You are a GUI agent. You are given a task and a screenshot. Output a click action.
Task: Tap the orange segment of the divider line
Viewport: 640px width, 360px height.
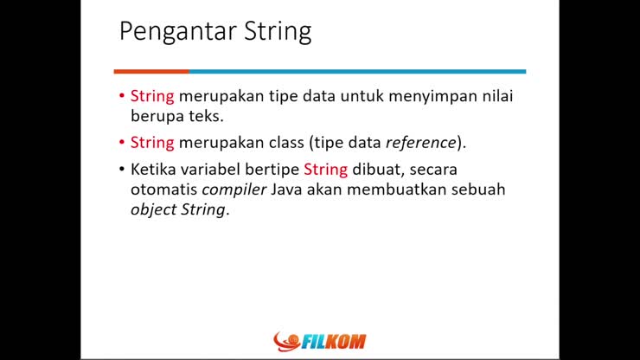point(150,71)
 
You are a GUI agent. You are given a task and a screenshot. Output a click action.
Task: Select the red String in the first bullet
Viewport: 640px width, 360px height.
point(152,96)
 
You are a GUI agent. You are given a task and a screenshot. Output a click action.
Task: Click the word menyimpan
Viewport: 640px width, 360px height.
point(434,96)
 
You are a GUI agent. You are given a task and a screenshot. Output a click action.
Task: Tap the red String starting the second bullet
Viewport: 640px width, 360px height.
point(152,142)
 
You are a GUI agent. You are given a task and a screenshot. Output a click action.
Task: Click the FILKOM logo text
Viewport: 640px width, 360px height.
point(334,341)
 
